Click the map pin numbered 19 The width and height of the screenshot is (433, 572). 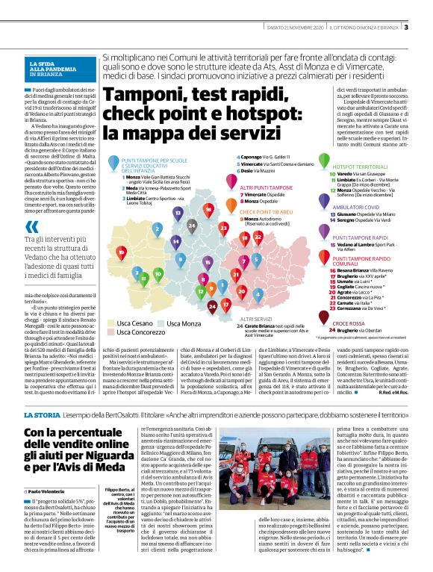[122, 252]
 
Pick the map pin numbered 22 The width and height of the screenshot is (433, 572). [258, 236]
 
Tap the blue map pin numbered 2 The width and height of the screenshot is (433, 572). [157, 229]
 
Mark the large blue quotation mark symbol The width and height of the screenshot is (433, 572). [32, 226]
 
